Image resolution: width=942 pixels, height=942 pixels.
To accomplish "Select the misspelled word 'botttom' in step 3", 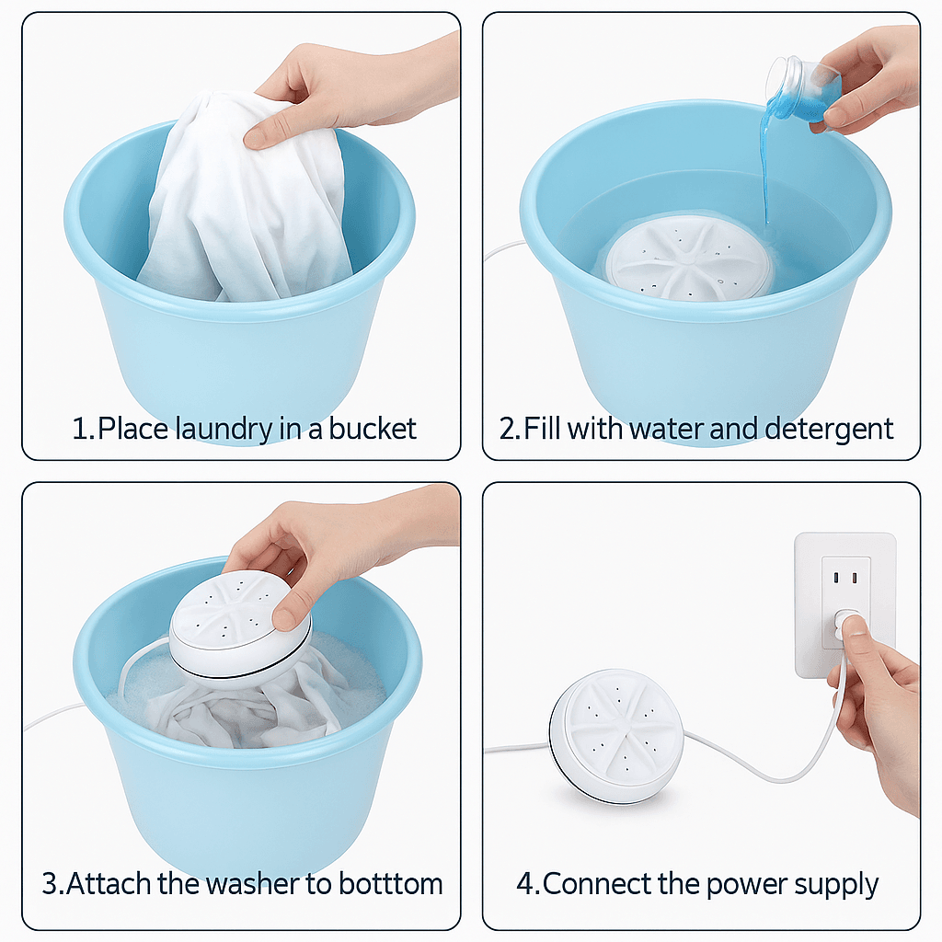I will pos(385,884).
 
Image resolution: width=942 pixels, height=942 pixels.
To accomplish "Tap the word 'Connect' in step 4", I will pos(597,884).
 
